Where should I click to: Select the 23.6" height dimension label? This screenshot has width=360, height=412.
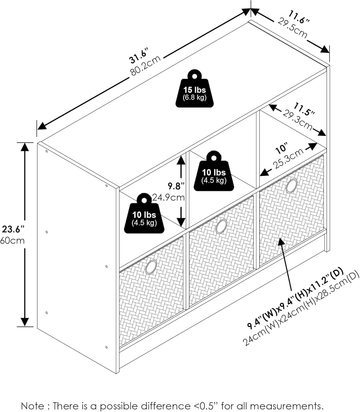(13, 229)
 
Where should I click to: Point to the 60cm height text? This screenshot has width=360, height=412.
(12, 241)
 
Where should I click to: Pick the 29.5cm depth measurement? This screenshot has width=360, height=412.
(293, 27)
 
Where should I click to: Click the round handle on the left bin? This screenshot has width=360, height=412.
(151, 267)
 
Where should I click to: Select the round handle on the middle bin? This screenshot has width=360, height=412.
(221, 227)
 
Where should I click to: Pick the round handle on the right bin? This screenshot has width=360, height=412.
(291, 186)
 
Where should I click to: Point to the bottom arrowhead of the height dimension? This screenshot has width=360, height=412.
(25, 322)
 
